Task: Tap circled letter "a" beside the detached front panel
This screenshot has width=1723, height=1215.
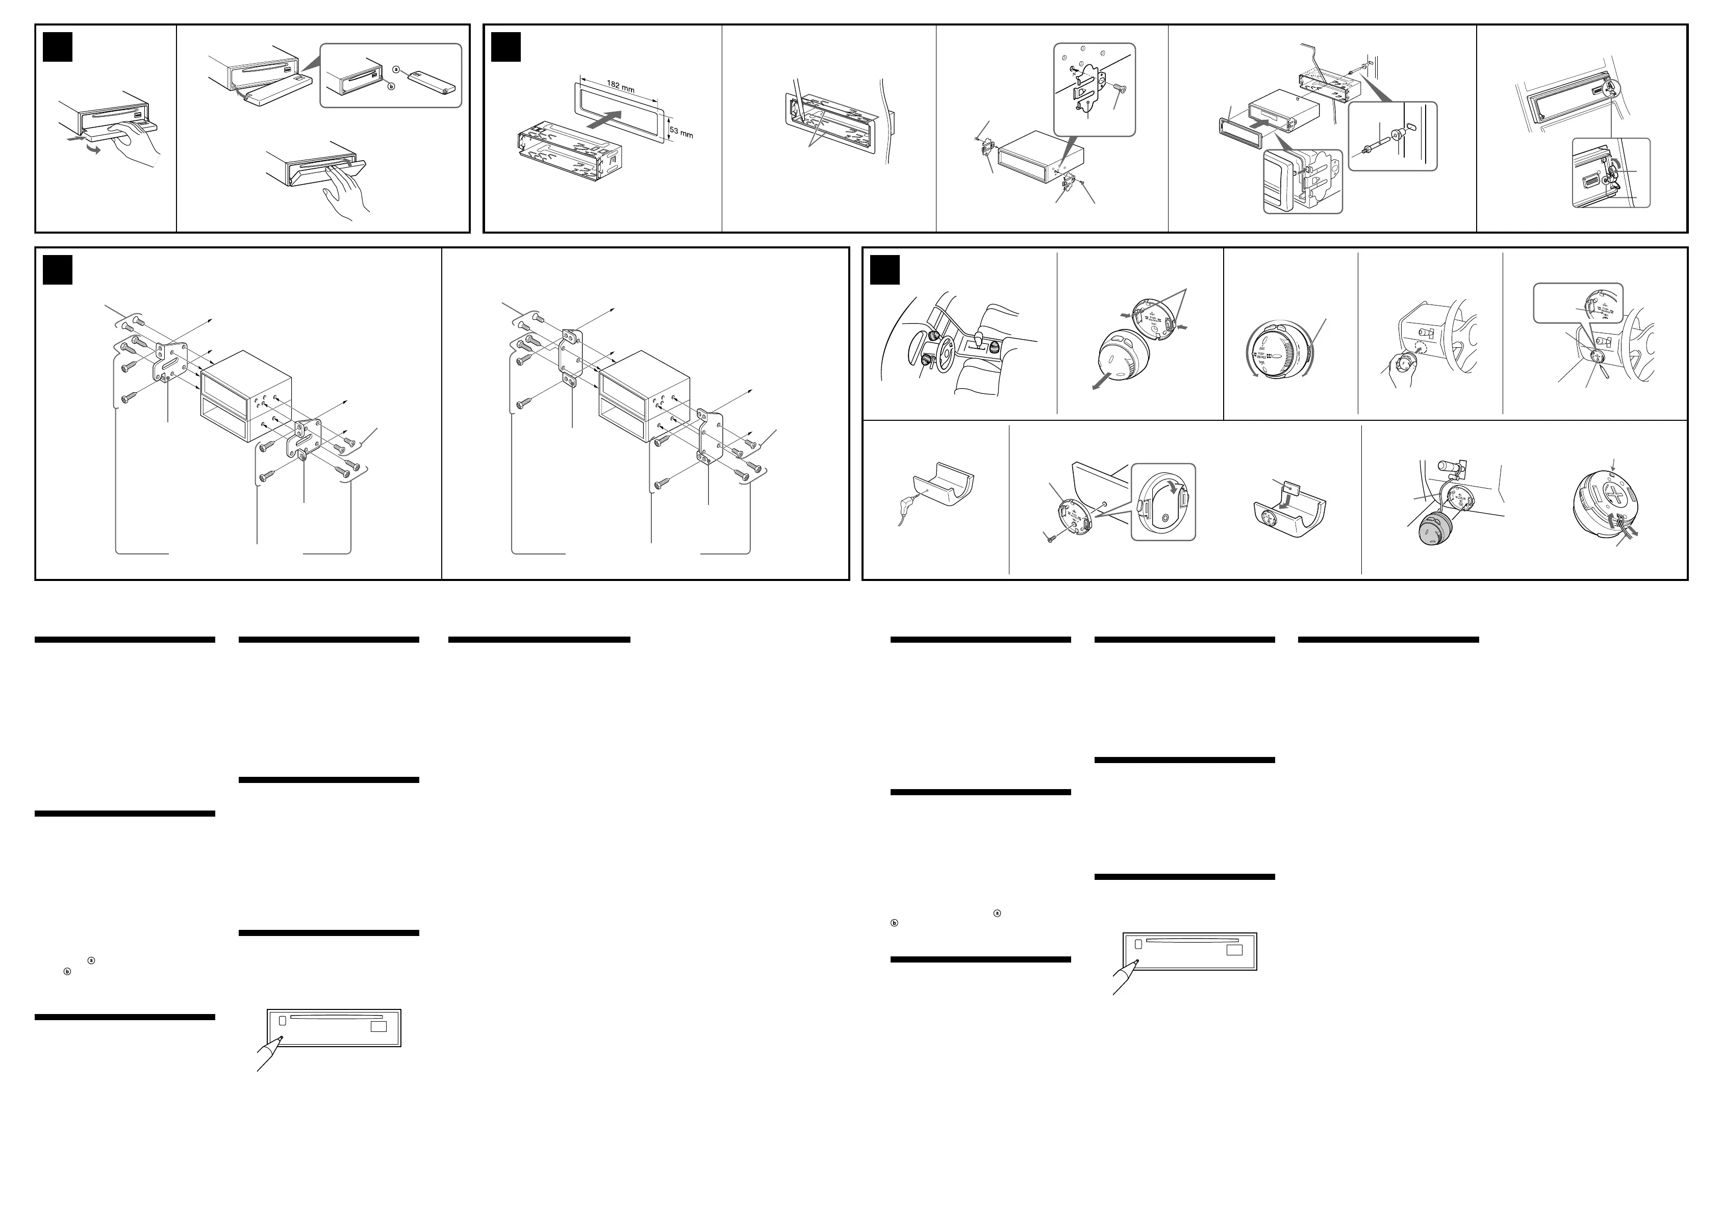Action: point(395,70)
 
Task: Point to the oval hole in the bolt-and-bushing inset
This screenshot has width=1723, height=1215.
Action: point(1411,127)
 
